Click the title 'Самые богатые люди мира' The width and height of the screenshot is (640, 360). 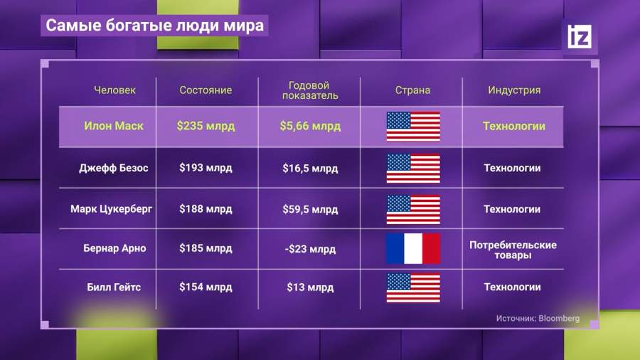(x=155, y=26)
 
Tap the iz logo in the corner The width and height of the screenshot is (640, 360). (x=580, y=36)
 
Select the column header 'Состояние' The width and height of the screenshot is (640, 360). (x=206, y=90)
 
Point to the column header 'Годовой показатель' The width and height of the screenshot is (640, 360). (x=310, y=90)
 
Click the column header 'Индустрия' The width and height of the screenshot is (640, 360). (x=514, y=90)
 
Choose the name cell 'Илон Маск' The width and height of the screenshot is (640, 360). (x=114, y=126)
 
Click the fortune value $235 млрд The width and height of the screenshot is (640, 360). (x=206, y=126)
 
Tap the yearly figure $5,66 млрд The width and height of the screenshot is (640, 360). (x=310, y=126)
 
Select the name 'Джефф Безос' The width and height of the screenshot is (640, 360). (x=114, y=168)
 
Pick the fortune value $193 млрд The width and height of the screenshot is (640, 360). (x=206, y=168)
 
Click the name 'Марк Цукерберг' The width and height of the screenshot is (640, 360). (x=111, y=209)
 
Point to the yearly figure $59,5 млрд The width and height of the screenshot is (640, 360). (x=310, y=209)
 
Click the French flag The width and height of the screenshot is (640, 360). (x=413, y=248)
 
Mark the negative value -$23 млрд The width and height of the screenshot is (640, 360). (x=310, y=249)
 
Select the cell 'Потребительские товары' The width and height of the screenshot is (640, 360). (x=513, y=250)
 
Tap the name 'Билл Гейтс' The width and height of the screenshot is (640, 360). (x=114, y=287)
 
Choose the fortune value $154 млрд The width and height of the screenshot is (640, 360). (x=206, y=287)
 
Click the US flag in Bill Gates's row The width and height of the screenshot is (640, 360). (x=413, y=287)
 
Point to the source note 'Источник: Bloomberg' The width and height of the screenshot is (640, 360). (x=538, y=318)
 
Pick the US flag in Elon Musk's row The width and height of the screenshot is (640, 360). (x=413, y=127)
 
